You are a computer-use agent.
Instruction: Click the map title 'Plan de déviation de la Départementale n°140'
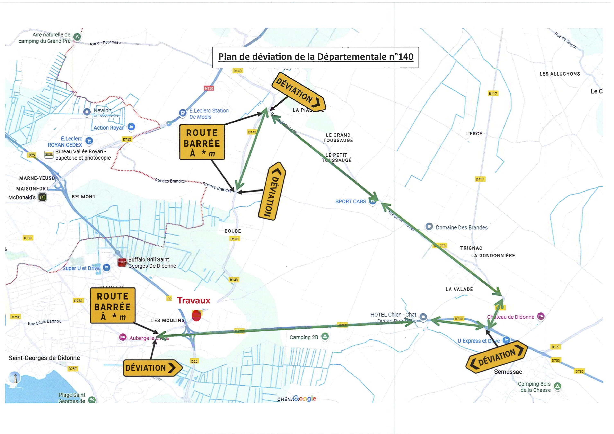316,57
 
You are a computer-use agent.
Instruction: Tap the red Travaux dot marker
196,316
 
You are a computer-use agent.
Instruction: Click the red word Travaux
194,301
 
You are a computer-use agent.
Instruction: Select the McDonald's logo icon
42,197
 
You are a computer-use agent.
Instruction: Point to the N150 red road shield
209,88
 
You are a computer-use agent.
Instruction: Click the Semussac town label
508,372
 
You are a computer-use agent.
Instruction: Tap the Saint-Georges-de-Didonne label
44,358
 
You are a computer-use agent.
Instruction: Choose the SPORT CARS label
351,202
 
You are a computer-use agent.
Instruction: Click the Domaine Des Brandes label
462,228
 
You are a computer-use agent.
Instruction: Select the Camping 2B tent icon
325,336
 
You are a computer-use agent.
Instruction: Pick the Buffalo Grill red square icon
122,262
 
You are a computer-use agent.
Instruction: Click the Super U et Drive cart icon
106,267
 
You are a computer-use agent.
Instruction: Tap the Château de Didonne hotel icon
541,316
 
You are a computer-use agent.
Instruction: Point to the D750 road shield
127,139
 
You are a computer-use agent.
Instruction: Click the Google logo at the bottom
304,398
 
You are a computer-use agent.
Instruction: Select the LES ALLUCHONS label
560,74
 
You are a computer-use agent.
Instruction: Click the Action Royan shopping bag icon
131,127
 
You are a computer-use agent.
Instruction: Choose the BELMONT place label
84,197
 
